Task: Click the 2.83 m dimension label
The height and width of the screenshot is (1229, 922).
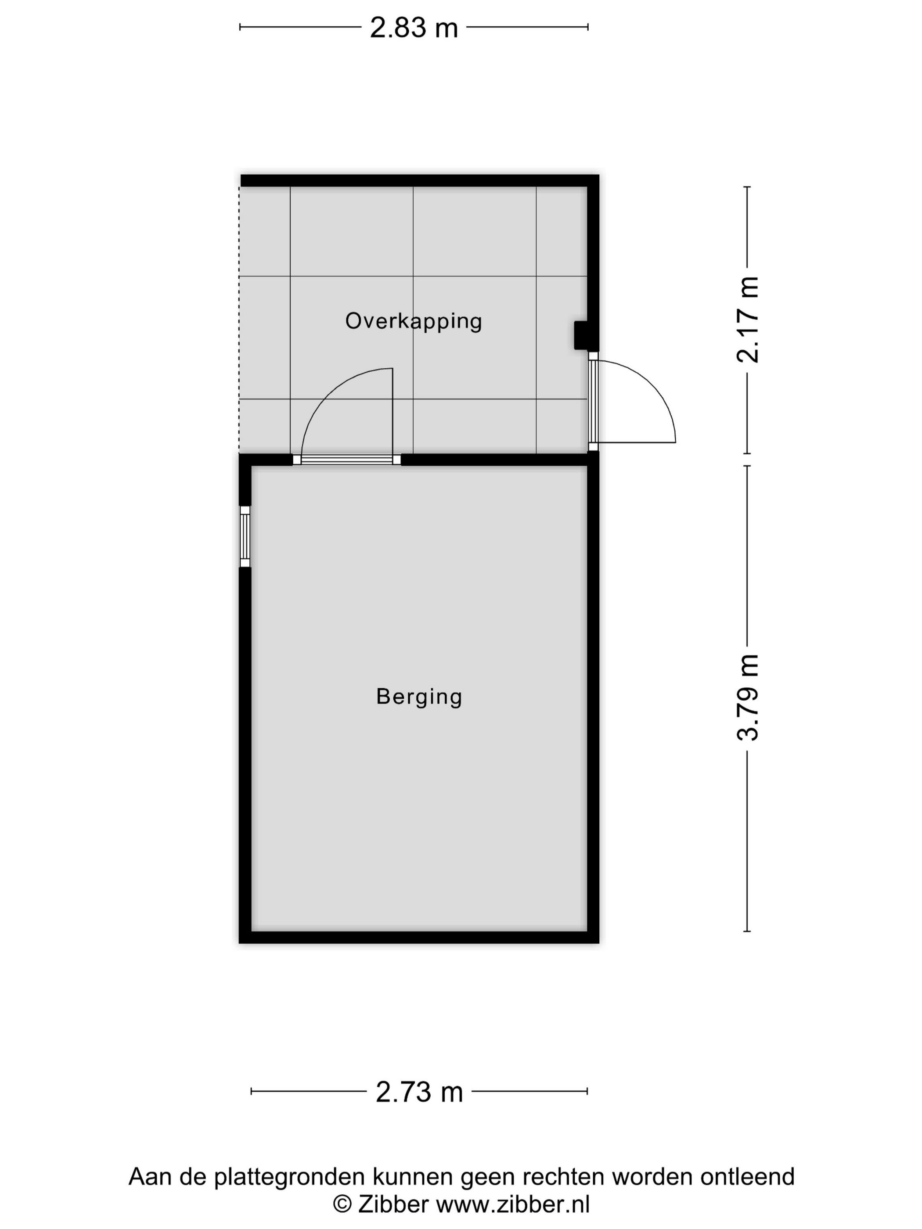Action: pos(414,28)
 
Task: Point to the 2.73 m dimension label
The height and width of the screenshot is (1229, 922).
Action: pos(419,1092)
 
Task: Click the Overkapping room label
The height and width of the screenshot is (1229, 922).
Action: pos(414,321)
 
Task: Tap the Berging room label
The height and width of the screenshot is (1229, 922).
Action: pos(419,697)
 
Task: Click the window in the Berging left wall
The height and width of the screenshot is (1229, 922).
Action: pos(245,536)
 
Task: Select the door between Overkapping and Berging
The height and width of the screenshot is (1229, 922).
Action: pos(347,460)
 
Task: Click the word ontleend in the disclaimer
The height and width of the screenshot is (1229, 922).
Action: pos(748,1177)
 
